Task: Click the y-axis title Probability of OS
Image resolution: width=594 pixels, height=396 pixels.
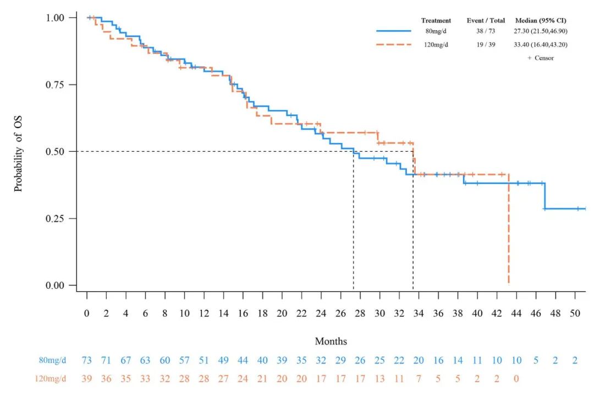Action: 18,151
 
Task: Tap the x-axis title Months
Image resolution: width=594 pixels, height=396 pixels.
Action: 331,342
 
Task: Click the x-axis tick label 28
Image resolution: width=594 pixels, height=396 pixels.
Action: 360,313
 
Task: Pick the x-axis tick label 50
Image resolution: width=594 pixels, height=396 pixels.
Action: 575,313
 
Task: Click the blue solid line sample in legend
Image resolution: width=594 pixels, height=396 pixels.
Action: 394,31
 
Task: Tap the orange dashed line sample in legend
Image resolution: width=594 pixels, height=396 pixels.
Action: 394,45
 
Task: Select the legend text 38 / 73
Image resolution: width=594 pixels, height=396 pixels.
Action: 486,31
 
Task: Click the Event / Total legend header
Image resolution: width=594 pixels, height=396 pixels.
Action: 486,20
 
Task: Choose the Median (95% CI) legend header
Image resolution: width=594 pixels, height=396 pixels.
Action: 541,20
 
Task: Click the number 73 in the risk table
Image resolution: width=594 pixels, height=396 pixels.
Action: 87,361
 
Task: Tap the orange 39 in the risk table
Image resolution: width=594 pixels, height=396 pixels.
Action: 87,378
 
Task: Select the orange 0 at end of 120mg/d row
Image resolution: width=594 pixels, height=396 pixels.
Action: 516,378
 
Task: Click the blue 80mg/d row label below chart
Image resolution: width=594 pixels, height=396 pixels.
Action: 53,361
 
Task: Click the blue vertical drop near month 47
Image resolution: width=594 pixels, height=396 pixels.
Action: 544,196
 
